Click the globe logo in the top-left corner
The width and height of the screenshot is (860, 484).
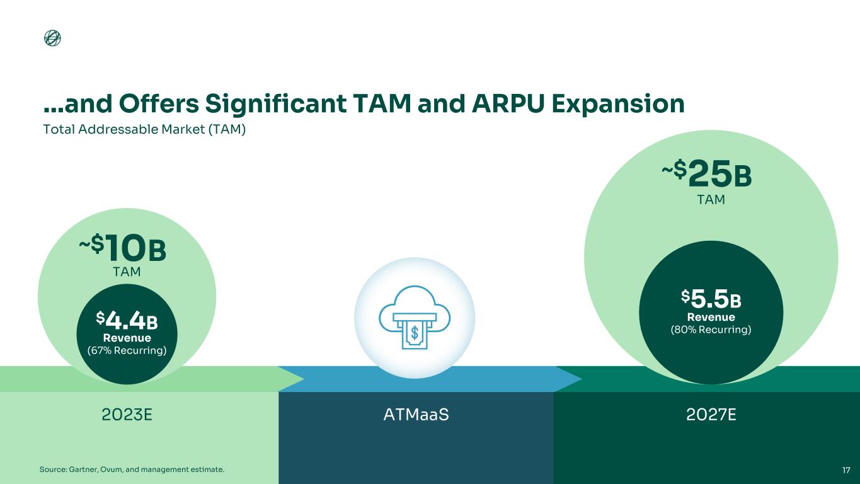pos(52,38)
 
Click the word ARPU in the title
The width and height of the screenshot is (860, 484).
pos(508,103)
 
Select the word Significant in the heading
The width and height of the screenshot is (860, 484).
pos(276,104)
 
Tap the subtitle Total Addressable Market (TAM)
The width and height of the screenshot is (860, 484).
pos(144,129)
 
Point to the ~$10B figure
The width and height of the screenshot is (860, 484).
pos(123,248)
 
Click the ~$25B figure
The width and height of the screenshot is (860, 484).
pos(706,174)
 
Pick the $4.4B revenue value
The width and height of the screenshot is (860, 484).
pos(127,320)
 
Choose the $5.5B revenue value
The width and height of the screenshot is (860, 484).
pos(711,299)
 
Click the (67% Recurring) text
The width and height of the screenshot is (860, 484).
pos(127,350)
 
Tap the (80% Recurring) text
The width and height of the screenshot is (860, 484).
pos(711,330)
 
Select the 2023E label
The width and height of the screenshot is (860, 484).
pos(127,415)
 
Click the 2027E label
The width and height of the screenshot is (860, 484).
pos(711,415)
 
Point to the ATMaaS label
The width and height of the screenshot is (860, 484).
pos(416,415)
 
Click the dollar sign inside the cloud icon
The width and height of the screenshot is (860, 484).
pos(415,333)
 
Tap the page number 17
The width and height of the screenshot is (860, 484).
pos(846,470)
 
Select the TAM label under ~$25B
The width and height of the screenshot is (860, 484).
pos(711,200)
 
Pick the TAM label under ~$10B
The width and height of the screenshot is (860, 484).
pos(127,272)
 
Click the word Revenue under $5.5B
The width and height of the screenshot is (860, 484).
pos(711,317)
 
